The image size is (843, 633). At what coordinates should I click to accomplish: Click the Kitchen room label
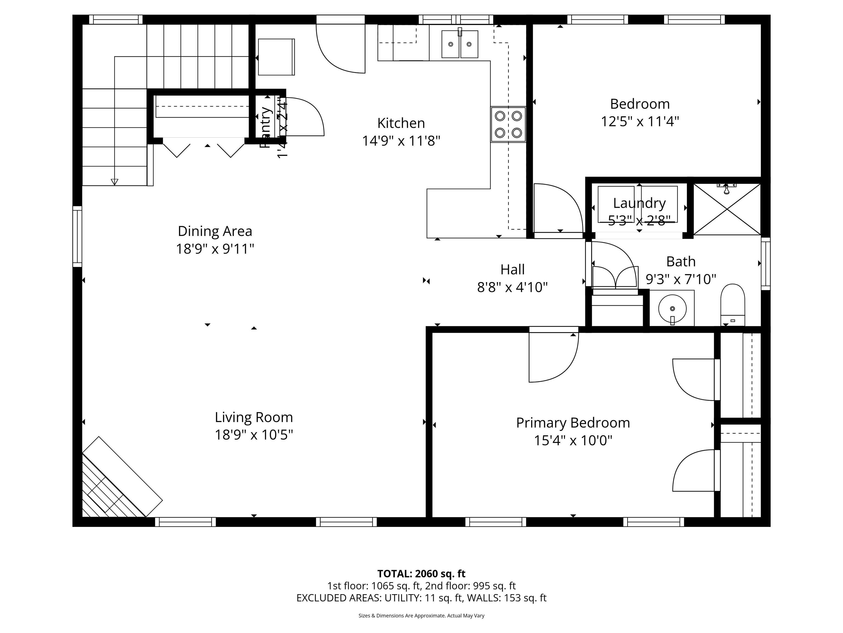coord(401,123)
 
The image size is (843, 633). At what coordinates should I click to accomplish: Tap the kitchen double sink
coord(460,44)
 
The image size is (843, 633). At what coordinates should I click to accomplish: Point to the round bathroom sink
coord(672,308)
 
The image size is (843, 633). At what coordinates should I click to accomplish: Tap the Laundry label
coord(639,203)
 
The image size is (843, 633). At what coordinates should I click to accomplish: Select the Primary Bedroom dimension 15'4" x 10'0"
coord(573,441)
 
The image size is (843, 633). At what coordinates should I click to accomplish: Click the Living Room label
coord(254,417)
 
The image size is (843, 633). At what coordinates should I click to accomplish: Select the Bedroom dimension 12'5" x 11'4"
coord(640,122)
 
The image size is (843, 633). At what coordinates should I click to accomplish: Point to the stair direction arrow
coord(114,182)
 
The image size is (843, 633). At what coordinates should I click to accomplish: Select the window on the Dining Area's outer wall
coord(77,237)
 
